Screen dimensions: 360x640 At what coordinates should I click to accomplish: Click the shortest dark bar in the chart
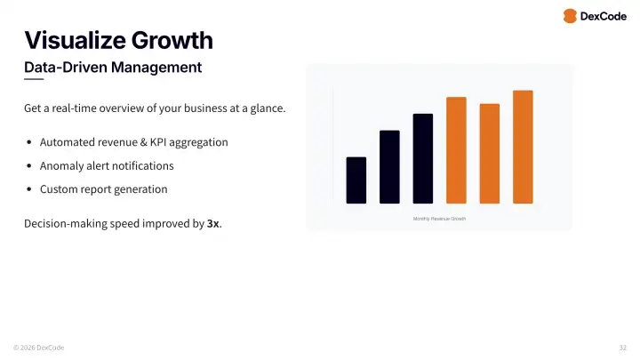pyautogui.click(x=356, y=180)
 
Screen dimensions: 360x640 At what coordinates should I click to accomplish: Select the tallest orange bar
pyautogui.click(x=523, y=147)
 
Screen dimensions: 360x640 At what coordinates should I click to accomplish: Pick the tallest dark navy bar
pyautogui.click(x=423, y=158)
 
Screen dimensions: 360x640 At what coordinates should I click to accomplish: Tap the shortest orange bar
pyautogui.click(x=490, y=154)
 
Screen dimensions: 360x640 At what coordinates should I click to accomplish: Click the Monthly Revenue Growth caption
pyautogui.click(x=439, y=219)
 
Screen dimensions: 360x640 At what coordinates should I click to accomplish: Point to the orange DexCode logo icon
pyautogui.click(x=570, y=16)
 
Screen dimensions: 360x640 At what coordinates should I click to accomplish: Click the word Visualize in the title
pyautogui.click(x=74, y=40)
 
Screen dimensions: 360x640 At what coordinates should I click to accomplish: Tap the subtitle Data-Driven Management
pyautogui.click(x=112, y=67)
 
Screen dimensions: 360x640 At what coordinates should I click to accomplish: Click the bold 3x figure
pyautogui.click(x=212, y=224)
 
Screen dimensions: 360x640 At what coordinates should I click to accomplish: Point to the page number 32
pyautogui.click(x=622, y=348)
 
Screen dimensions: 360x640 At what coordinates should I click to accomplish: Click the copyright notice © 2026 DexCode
pyautogui.click(x=38, y=348)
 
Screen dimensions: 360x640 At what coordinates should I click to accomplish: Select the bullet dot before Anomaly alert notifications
pyautogui.click(x=29, y=166)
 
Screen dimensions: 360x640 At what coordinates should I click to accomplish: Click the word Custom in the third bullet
pyautogui.click(x=59, y=189)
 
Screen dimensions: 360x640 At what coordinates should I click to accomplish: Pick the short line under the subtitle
pyautogui.click(x=34, y=80)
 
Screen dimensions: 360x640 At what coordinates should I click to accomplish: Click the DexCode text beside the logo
pyautogui.click(x=604, y=16)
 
